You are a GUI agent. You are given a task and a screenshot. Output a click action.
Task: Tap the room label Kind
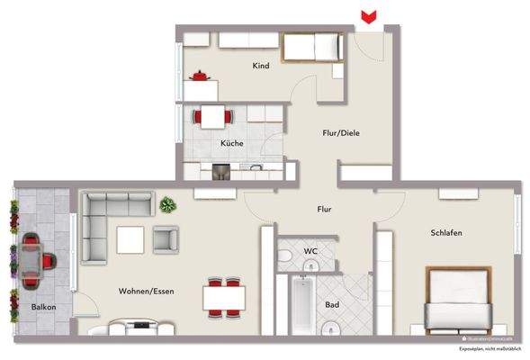pyautogui.click(x=261, y=66)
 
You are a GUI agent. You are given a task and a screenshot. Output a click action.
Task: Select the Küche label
pyautogui.click(x=232, y=143)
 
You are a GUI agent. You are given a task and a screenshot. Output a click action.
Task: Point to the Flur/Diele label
pyautogui.click(x=342, y=133)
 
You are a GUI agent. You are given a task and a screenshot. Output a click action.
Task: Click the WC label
pyautogui.click(x=310, y=250)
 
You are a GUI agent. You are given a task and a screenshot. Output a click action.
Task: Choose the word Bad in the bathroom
pyautogui.click(x=332, y=306)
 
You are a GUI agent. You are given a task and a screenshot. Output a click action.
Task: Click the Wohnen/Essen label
pyautogui.click(x=146, y=291)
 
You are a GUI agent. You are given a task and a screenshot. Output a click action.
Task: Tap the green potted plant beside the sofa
pyautogui.click(x=166, y=206)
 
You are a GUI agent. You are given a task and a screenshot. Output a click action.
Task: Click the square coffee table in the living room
pyautogui.click(x=130, y=238)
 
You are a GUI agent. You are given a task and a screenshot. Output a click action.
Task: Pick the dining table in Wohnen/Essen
pyautogui.click(x=223, y=295)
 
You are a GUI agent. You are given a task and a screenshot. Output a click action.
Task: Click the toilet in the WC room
pyautogui.click(x=286, y=260)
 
